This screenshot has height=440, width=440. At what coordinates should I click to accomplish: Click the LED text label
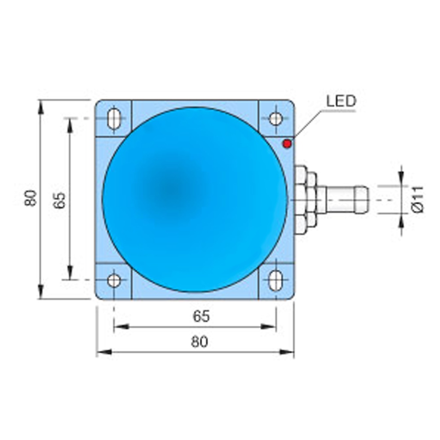tap(341, 101)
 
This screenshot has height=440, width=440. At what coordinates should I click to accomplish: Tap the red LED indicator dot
tap(287, 144)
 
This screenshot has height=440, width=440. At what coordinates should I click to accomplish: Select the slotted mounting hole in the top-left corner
tap(114, 119)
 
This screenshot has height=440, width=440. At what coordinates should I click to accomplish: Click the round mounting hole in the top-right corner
tap(275, 119)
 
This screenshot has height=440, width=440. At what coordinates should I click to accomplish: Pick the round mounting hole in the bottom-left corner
tap(114, 281)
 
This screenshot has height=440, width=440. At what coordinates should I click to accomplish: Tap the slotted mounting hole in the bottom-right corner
tap(275, 281)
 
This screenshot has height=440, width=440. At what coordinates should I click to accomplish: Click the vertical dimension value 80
tap(31, 198)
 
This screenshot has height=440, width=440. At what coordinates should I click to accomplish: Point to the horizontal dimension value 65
tap(201, 316)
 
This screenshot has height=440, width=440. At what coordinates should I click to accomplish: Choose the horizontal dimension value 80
tap(199, 342)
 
